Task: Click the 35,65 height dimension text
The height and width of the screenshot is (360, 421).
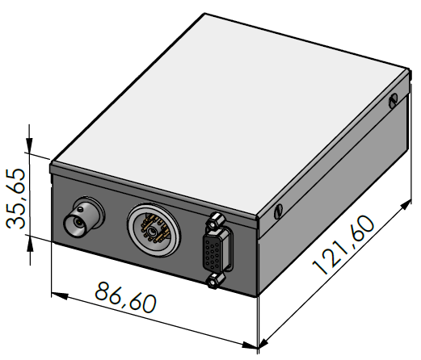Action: click(x=16, y=199)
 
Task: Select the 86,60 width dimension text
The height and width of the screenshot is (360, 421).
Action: click(x=125, y=297)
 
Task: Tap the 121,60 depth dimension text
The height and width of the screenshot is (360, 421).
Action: click(x=343, y=245)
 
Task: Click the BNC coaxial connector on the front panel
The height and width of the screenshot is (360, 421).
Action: click(x=83, y=217)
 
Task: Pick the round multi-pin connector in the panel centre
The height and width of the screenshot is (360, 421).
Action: click(x=154, y=229)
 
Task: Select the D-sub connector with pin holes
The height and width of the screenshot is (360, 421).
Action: click(x=217, y=249)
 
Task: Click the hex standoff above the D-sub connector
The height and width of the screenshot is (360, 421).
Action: click(x=215, y=220)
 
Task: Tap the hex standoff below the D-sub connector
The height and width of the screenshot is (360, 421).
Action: click(x=215, y=281)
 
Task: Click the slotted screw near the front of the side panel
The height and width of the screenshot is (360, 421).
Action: click(x=278, y=211)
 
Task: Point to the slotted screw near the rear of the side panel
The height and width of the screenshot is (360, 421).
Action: click(x=393, y=101)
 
